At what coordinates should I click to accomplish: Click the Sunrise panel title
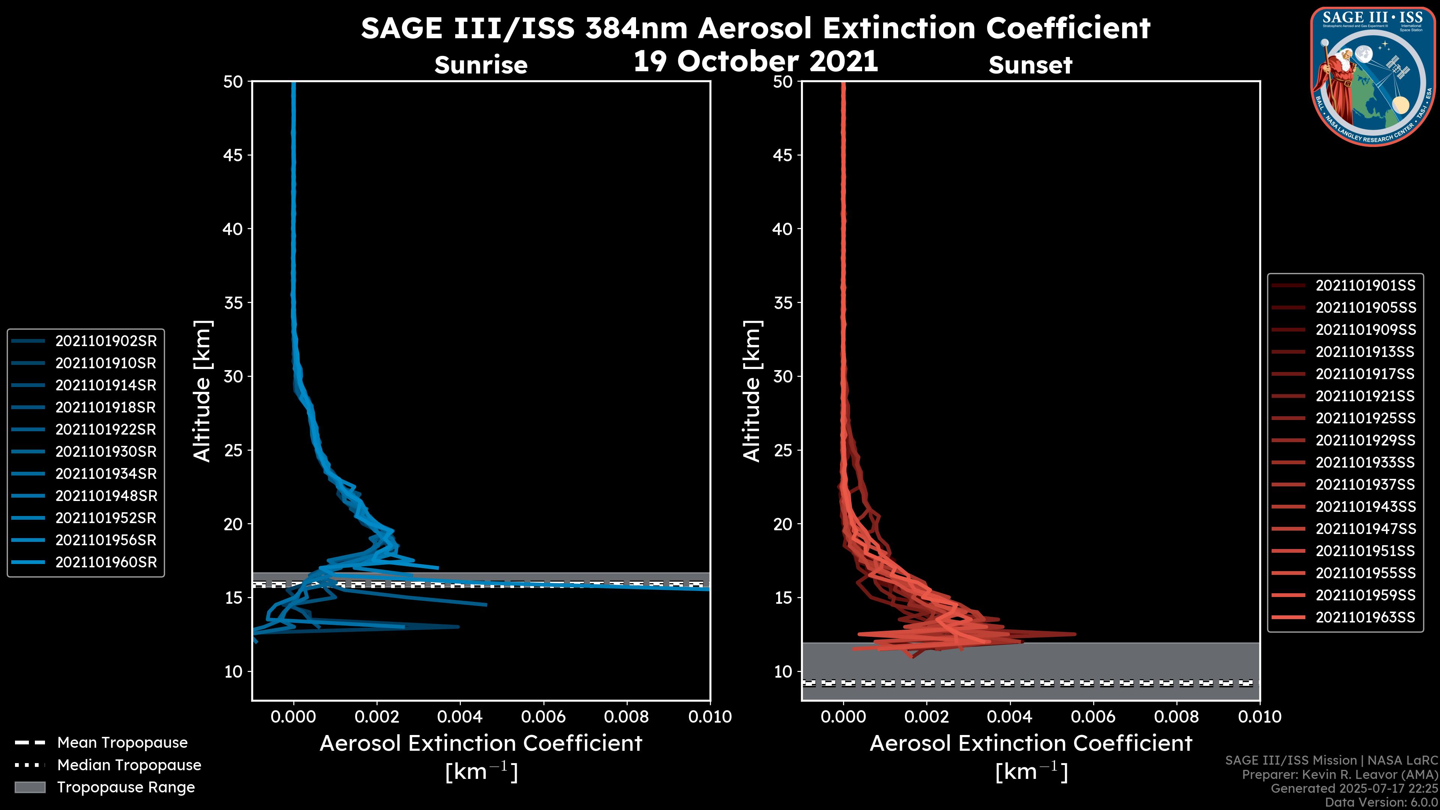(x=481, y=65)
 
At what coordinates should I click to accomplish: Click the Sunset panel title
(x=1030, y=65)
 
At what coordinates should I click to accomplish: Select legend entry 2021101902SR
(x=106, y=341)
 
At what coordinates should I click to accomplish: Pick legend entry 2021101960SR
(x=106, y=562)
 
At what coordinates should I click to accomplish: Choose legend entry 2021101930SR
(x=106, y=451)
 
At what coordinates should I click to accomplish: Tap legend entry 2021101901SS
(x=1365, y=286)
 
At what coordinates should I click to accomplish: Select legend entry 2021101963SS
(x=1365, y=617)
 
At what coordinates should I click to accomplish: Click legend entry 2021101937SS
(x=1365, y=484)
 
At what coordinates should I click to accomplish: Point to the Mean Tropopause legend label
(x=122, y=743)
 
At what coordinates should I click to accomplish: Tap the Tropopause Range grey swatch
(x=30, y=787)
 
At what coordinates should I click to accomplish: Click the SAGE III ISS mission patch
(x=1372, y=76)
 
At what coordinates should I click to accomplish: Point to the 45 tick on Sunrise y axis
(x=232, y=155)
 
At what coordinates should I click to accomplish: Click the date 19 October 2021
(x=755, y=61)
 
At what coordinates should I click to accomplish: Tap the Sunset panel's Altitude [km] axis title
(x=752, y=391)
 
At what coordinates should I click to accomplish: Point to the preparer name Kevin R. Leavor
(x=1369, y=775)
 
